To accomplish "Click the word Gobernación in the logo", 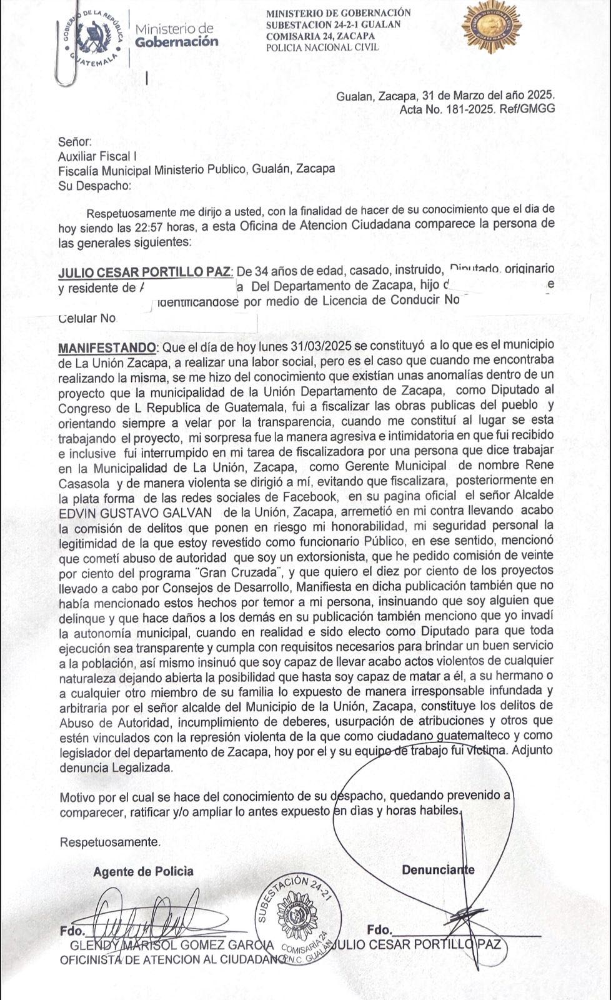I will tap(177, 42).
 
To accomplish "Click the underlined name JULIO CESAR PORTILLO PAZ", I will tap(145, 272).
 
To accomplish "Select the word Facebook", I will tap(299, 497).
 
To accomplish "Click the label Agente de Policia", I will tap(143, 871).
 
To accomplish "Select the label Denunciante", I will tap(438, 870).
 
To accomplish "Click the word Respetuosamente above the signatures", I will tap(109, 842).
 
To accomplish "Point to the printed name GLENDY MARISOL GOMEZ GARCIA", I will tap(172, 944).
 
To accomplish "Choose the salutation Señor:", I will tap(75, 142).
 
